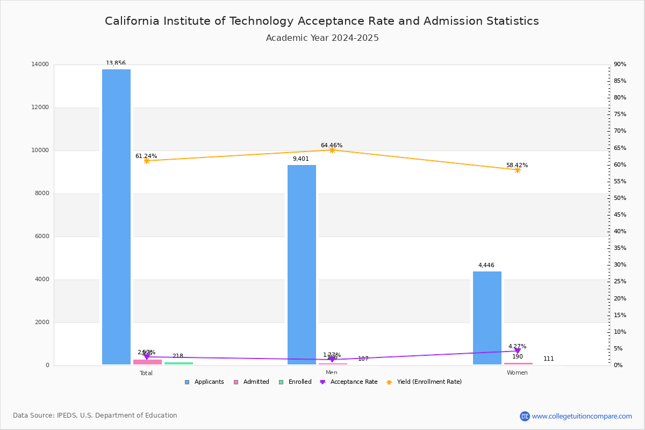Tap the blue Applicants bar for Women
[487, 318]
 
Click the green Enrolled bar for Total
[178, 363]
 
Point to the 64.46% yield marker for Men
[332, 150]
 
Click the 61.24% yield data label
[146, 156]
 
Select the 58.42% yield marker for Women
[517, 170]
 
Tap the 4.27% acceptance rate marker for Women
[517, 351]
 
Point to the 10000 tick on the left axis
[40, 150]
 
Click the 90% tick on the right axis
[620, 64]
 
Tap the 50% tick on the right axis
[620, 198]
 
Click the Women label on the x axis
[517, 373]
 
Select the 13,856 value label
[116, 63]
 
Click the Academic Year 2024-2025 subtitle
[322, 38]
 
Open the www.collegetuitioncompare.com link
[582, 416]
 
